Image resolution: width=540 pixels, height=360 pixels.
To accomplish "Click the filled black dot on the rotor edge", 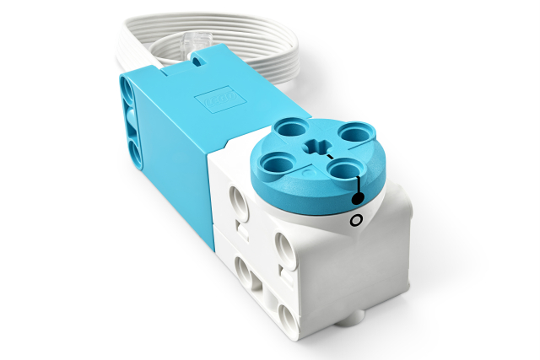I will [358, 199].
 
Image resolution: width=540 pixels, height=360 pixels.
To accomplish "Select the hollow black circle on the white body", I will [356, 221].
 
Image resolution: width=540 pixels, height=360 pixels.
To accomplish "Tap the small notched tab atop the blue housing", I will [199, 60].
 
